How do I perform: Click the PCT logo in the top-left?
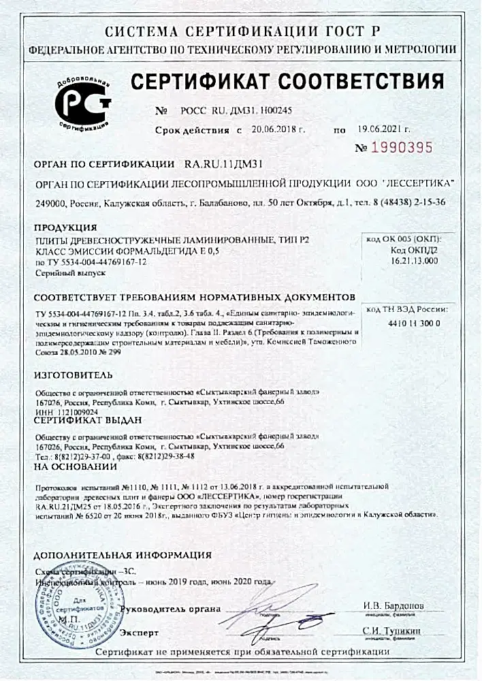(x=82, y=103)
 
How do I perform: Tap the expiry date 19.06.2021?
(x=382, y=129)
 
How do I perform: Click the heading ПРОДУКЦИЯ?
(x=65, y=227)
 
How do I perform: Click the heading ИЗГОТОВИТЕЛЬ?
(x=70, y=375)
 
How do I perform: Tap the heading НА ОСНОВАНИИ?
(x=75, y=466)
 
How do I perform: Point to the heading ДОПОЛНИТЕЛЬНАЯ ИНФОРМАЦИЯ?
(x=123, y=554)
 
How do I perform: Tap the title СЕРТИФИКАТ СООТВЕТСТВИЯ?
(x=292, y=82)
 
